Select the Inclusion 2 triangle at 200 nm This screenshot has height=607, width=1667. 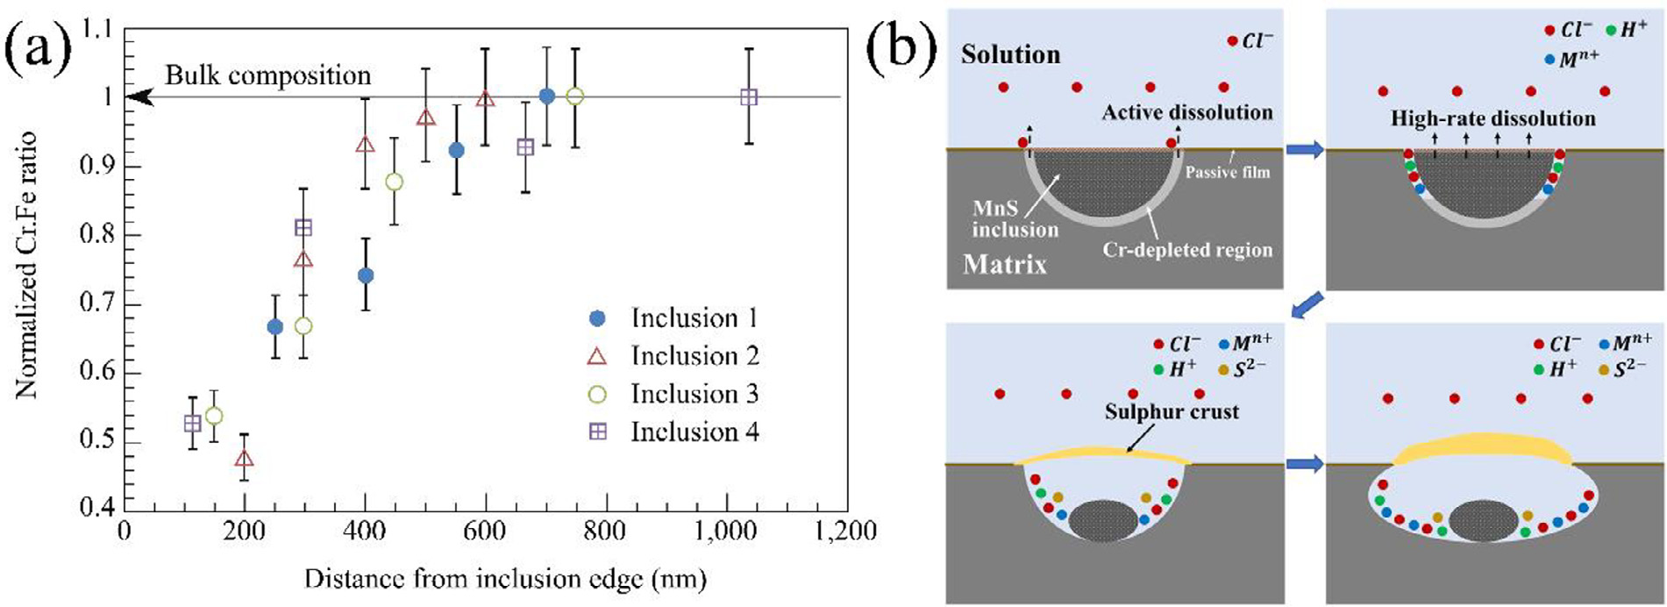click(x=245, y=459)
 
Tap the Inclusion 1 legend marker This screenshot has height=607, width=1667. click(x=597, y=318)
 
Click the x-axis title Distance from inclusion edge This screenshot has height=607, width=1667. click(x=505, y=580)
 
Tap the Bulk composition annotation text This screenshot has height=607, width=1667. click(x=267, y=76)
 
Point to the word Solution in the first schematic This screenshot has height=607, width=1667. click(x=1010, y=54)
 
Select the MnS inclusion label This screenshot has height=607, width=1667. click(x=1015, y=220)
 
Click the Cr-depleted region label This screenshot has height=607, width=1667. click(x=1187, y=250)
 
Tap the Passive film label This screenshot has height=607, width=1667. click(x=1227, y=173)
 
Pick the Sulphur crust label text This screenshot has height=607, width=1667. click(x=1172, y=411)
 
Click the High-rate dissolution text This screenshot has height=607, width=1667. click(x=1492, y=118)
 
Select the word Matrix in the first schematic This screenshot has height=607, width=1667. click(x=1004, y=264)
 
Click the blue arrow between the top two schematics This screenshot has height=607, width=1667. click(x=1306, y=151)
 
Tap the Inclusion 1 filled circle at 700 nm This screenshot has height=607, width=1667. click(x=547, y=96)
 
